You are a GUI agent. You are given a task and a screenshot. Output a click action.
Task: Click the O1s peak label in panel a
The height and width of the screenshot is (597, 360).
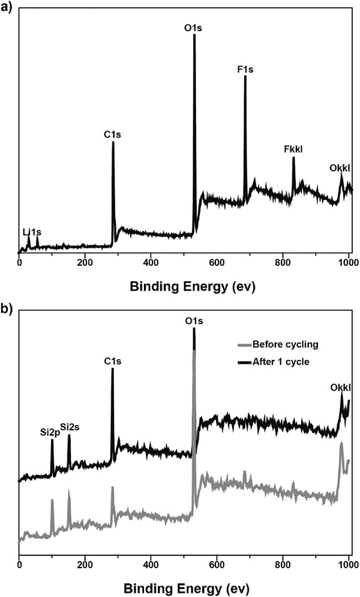194,28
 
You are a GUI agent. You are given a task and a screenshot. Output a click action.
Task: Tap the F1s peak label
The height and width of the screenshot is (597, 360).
245,70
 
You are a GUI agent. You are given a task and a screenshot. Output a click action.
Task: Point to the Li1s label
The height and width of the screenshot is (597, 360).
32,232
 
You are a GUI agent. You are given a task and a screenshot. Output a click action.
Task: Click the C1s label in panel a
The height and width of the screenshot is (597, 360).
113,136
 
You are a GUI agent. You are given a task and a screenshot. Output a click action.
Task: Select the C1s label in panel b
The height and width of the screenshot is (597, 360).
113,361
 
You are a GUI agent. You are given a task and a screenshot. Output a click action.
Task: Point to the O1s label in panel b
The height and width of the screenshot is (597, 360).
194,322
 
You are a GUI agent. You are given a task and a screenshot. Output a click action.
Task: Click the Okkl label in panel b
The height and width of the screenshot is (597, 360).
340,387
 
